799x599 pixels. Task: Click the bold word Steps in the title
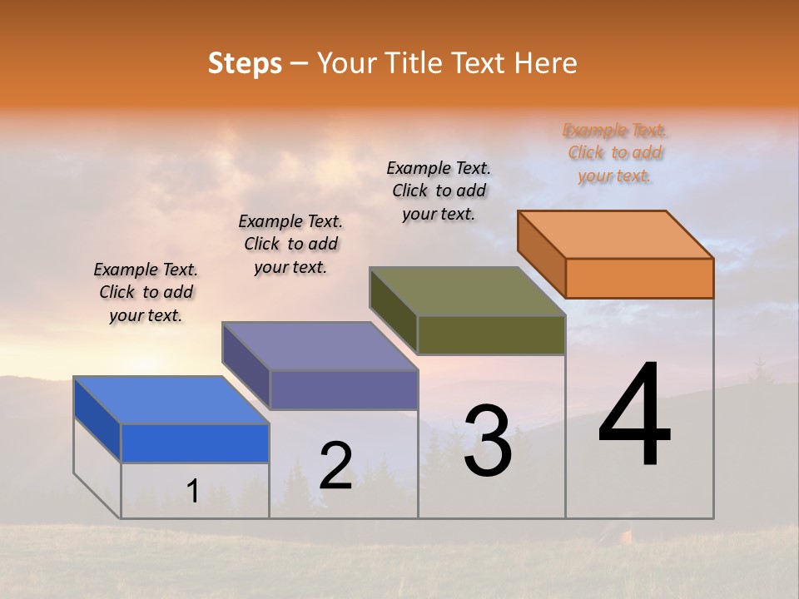[245, 63]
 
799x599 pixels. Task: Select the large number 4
[634, 416]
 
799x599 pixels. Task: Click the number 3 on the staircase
[488, 441]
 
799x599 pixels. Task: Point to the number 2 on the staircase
[335, 466]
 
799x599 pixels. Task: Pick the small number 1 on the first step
[192, 492]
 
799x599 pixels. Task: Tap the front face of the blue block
[195, 443]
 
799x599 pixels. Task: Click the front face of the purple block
[344, 390]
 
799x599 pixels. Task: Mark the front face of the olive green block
[491, 335]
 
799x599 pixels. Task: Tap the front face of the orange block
[639, 278]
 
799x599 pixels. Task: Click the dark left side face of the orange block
[541, 254]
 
